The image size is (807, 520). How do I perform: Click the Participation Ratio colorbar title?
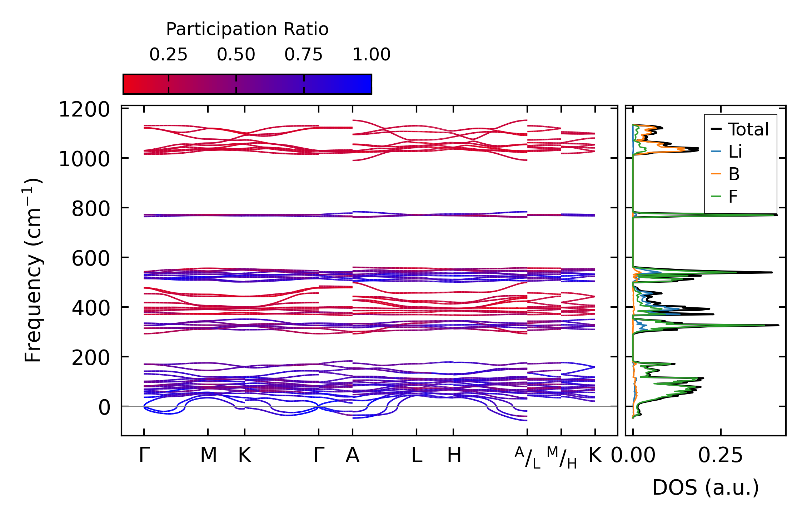pos(247,29)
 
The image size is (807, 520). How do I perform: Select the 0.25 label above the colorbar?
pos(168,55)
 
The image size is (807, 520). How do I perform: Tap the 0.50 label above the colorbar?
pos(236,55)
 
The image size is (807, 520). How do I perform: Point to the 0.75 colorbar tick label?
pos(303,55)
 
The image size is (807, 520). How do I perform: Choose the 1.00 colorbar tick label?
pos(371,55)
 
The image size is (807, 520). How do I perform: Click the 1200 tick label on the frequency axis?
pos(84,110)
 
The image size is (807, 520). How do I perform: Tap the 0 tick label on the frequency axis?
pos(104,407)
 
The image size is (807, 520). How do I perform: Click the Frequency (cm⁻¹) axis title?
pos(33,270)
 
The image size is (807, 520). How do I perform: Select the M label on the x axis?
pos(208,455)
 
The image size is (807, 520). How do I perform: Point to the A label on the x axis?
pos(352,455)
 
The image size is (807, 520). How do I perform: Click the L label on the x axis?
pos(417,455)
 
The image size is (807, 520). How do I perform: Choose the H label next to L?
pos(454,455)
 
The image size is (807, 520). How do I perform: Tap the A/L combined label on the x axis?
pos(527,457)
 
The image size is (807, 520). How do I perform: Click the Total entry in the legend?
pos(748,129)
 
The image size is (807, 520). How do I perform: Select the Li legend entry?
pos(735,152)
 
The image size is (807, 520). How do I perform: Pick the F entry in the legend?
pos(733,196)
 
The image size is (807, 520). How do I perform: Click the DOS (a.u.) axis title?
pos(706,487)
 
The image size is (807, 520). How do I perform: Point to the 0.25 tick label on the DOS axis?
pos(720,455)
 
